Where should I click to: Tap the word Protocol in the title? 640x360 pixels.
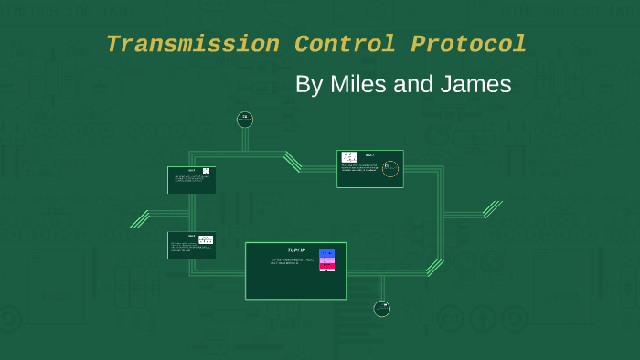point(468,44)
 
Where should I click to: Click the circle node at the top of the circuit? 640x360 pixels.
point(244,119)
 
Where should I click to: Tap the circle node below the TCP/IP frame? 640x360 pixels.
point(382,309)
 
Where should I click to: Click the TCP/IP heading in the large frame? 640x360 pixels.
point(295,249)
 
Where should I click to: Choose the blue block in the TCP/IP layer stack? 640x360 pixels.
point(326,253)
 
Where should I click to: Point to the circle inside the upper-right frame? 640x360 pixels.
point(390,169)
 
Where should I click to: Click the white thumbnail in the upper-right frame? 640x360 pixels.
point(349,158)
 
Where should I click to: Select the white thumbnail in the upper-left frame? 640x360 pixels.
point(206,171)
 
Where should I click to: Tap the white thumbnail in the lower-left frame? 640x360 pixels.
point(206,239)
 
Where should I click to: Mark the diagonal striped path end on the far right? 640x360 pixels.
point(493,209)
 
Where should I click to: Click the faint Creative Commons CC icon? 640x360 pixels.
point(449,319)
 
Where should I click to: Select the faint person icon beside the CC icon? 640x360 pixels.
point(482,319)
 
